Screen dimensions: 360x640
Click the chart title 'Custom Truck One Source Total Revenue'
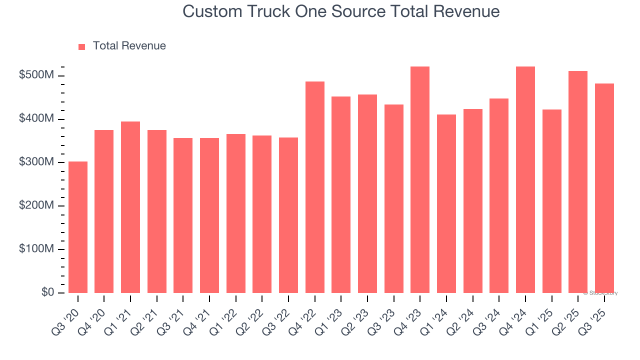coord(341,11)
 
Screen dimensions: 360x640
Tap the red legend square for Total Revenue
coord(82,46)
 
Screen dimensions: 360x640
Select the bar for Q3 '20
coord(78,227)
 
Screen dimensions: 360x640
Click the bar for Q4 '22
coord(315,187)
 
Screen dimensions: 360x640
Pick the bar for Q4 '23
coord(420,179)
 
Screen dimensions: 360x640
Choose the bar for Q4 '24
coord(525,179)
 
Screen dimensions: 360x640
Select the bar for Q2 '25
coord(578,182)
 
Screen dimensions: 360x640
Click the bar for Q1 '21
coord(130,207)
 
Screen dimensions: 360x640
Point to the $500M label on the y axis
coord(36,75)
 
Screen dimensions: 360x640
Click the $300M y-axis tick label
coord(36,162)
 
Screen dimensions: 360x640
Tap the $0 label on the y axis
coord(48,292)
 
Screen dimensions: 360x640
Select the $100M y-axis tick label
coord(36,249)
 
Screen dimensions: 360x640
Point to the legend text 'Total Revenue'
coord(129,46)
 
